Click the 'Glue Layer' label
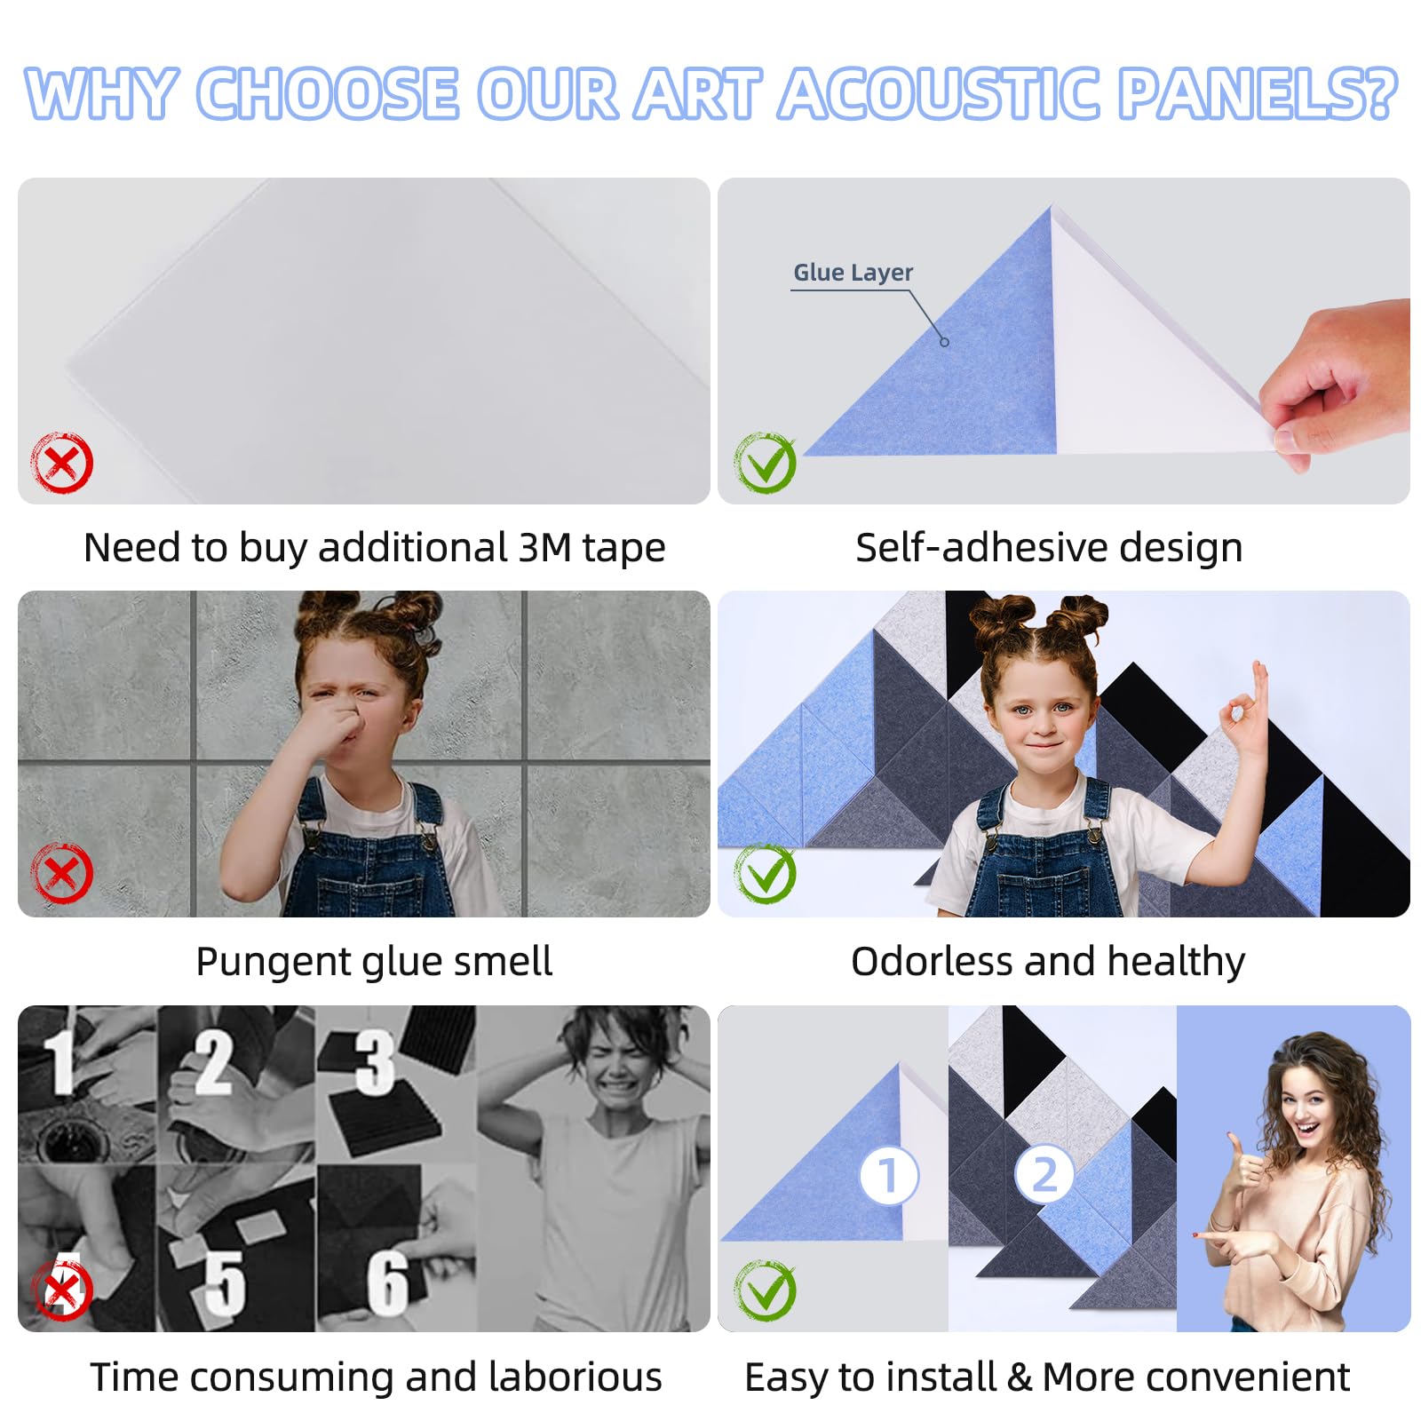[853, 273]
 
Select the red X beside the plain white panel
[62, 463]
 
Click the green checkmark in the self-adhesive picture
[765, 463]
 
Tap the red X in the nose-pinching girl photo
[62, 873]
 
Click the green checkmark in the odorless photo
[765, 873]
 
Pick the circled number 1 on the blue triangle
[889, 1176]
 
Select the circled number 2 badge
[1044, 1174]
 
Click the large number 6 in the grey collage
[389, 1282]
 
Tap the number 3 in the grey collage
[376, 1060]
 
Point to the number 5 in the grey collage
[225, 1282]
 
